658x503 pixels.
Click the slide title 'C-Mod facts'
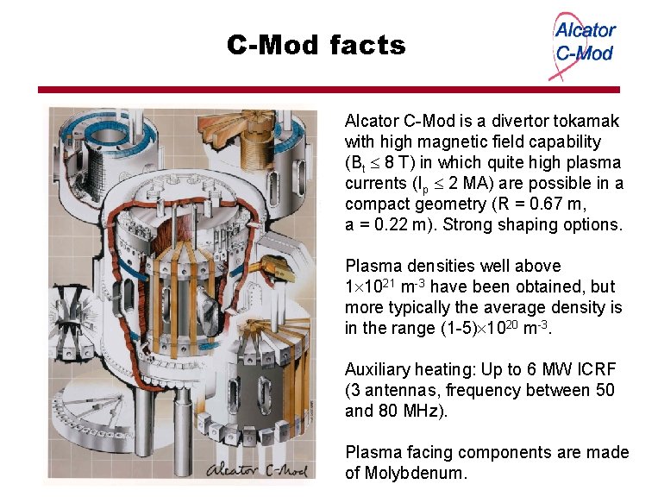coord(316,45)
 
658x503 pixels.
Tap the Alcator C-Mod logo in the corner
coord(583,43)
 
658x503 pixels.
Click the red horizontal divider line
coord(329,90)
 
